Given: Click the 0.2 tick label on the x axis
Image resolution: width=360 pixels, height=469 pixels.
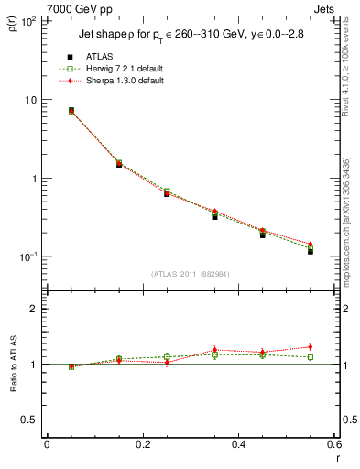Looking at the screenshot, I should (x=142, y=445).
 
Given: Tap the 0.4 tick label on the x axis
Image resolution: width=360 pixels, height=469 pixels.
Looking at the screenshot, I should (x=238, y=445).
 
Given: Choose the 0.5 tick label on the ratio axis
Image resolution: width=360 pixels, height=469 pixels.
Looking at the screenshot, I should (x=28, y=420).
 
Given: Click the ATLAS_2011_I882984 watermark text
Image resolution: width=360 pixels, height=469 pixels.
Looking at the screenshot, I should (x=191, y=274).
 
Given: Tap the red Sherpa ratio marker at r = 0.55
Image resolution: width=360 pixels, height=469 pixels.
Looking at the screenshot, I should (x=311, y=346).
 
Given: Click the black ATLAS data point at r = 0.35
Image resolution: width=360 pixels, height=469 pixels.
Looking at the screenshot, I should (x=214, y=216).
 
